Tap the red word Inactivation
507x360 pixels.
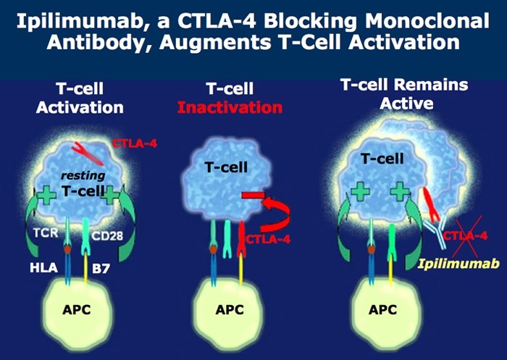[x=230, y=107]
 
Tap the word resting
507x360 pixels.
[x=83, y=176]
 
